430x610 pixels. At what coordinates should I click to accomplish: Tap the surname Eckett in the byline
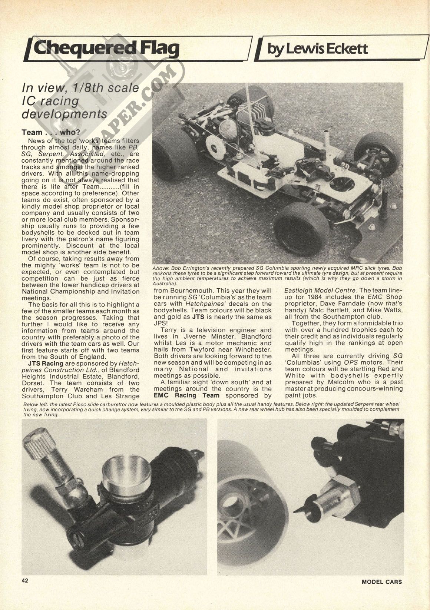344,48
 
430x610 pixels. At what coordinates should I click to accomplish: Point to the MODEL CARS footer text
381,581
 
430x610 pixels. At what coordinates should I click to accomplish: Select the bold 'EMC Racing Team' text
186,395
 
